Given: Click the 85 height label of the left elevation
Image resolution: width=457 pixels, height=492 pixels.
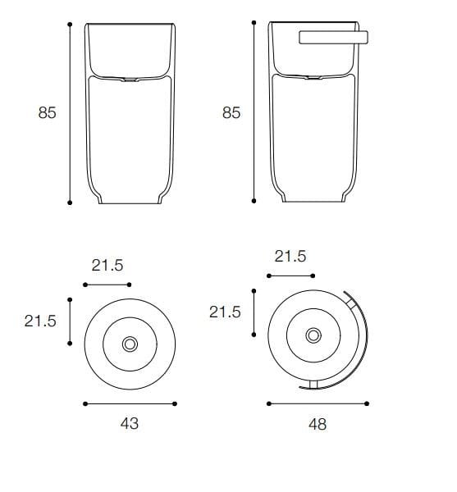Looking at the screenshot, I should coord(47,113).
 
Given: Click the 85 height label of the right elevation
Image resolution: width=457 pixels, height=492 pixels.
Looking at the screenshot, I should coord(231,113).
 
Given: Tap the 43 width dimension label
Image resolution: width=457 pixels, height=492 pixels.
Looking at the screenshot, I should coord(130,423).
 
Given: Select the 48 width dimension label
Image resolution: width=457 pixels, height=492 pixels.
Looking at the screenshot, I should coord(316,424).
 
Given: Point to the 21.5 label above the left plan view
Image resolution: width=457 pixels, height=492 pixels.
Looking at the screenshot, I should coord(107,265).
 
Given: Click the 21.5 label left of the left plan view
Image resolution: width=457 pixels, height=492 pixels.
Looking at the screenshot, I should coord(40,321).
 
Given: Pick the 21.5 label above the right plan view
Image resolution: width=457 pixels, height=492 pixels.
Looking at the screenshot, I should coord(290,257).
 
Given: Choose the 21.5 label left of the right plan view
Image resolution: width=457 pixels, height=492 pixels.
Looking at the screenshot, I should coord(225,312).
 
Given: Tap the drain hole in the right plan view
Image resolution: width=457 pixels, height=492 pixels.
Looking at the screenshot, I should coord(313,335).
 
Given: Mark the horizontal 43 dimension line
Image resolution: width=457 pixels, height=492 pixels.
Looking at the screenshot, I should coord(130,403).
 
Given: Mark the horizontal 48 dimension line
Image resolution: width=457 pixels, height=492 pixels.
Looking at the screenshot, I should coord(318,403).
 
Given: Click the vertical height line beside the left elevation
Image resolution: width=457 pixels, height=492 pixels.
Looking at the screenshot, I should coord(71,113).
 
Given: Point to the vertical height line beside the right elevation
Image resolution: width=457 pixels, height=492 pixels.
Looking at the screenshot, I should coord(254,113).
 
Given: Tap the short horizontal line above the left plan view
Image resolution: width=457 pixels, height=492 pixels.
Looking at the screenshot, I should coord(107,285).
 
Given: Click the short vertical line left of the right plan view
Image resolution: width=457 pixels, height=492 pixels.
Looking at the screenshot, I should coord(254,312).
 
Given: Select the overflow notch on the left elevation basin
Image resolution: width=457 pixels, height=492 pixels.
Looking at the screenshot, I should coord(130,80).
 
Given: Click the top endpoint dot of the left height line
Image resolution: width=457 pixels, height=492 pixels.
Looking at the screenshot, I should coord(71,24).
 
